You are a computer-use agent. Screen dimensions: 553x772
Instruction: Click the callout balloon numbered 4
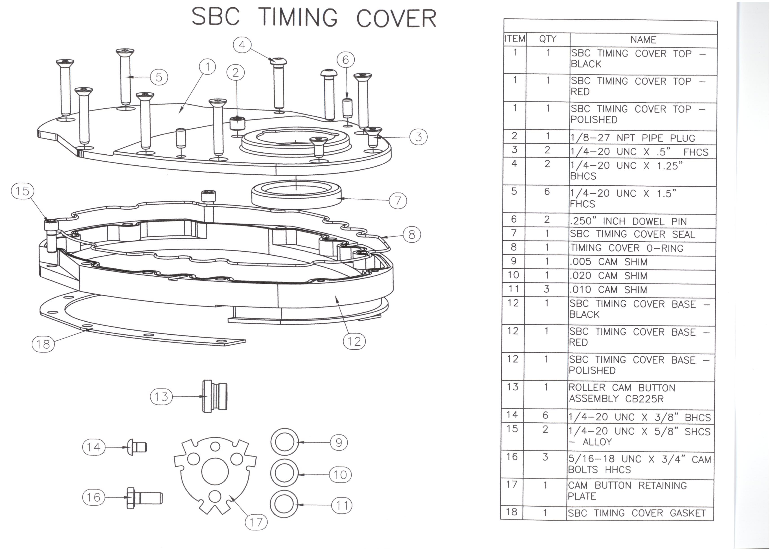click(242, 45)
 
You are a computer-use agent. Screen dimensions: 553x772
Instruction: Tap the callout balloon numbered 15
click(22, 191)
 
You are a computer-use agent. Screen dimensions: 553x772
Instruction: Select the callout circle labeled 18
click(43, 344)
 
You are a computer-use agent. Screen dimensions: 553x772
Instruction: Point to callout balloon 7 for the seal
click(398, 201)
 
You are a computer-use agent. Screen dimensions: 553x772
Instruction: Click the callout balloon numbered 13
click(161, 396)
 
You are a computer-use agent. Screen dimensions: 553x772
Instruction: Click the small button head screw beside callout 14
click(137, 447)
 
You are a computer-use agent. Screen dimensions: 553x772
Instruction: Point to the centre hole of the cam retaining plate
click(215, 472)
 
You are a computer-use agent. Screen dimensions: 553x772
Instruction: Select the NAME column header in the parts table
click(643, 40)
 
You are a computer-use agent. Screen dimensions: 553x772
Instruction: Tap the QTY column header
click(547, 39)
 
